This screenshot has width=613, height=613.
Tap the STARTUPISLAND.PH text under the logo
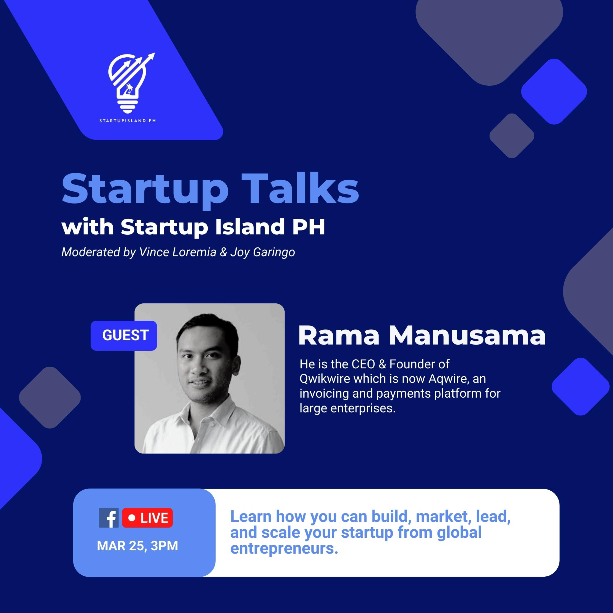click(128, 121)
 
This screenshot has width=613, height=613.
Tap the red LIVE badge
click(148, 518)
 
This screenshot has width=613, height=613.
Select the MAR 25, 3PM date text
click(137, 546)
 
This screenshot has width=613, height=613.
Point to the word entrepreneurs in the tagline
click(284, 549)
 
